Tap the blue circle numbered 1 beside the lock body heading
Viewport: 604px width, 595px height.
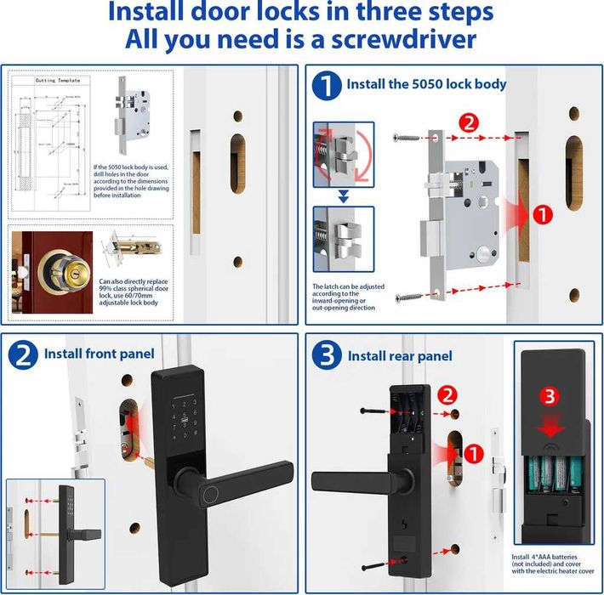pos(326,85)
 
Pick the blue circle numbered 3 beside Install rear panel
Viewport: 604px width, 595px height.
pos(326,355)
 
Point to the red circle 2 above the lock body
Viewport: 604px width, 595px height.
pos(469,122)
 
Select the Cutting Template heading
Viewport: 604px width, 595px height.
pos(57,81)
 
